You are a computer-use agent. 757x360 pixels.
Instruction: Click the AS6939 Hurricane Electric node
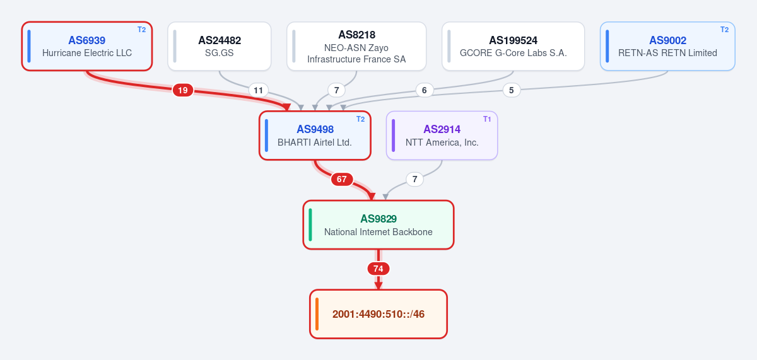[87, 46]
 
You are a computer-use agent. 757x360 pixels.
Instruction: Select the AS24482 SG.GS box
[220, 46]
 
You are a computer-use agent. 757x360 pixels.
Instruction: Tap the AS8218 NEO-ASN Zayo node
[356, 46]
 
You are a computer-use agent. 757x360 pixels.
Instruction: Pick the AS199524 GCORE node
[513, 46]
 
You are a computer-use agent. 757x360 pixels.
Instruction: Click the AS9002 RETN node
[667, 46]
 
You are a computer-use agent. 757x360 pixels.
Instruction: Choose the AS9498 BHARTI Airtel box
[315, 136]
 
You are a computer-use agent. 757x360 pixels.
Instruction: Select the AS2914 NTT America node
[442, 136]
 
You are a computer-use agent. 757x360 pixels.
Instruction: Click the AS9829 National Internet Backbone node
[378, 225]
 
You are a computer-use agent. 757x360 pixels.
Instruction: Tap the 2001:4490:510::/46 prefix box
[378, 314]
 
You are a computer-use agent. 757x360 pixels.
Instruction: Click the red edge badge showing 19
[183, 90]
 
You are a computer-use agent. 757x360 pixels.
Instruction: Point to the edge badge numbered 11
[258, 90]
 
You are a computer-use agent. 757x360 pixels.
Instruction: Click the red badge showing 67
[342, 179]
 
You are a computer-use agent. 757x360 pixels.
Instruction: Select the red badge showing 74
[378, 269]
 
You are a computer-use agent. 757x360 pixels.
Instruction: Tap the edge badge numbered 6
[424, 90]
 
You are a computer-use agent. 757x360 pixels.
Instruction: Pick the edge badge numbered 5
[512, 90]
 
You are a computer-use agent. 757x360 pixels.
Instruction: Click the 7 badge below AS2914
[414, 179]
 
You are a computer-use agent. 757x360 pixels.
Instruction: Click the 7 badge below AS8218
[336, 90]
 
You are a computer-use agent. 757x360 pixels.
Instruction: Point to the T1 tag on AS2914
[487, 119]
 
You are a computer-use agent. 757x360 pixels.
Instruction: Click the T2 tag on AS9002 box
[724, 30]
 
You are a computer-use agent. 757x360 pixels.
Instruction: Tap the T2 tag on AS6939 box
[141, 30]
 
